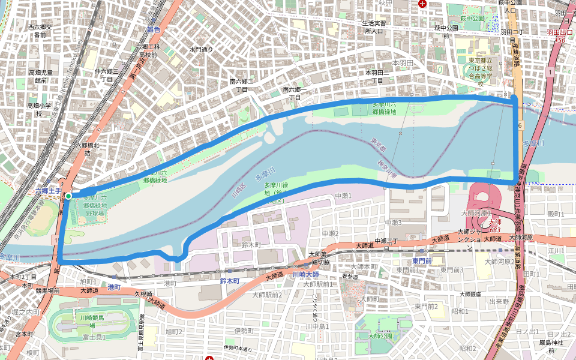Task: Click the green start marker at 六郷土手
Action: coord(68,196)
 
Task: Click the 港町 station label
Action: coord(114,287)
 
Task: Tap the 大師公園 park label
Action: coord(379,335)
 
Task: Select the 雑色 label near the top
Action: coord(154,29)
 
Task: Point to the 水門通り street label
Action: coord(201,49)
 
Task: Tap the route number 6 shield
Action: coord(521,124)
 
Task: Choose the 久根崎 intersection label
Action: coord(144,294)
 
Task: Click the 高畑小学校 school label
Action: coord(38,109)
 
